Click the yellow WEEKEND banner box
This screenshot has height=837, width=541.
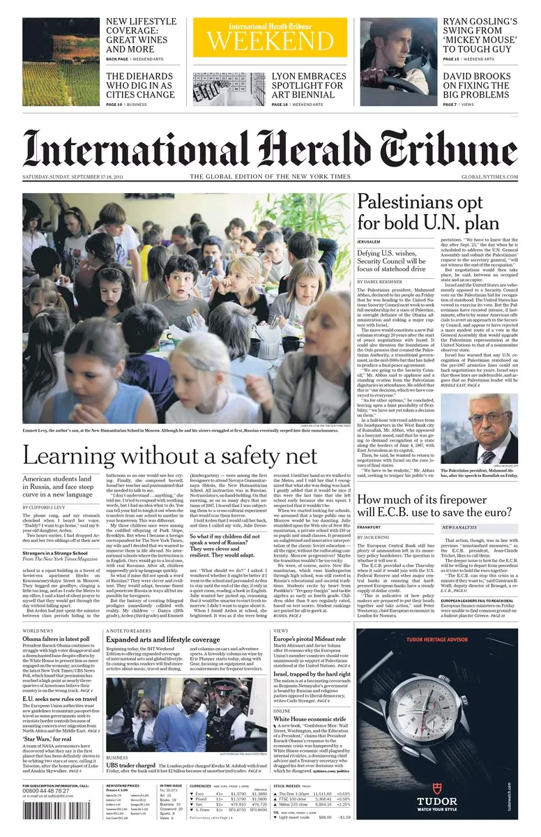[x=270, y=37]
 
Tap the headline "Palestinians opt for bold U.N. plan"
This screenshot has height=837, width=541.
[x=428, y=211]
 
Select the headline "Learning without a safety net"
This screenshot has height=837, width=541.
[x=170, y=456]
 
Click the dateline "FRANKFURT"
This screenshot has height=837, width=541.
[x=369, y=527]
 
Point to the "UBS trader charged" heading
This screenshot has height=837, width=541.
[x=131, y=766]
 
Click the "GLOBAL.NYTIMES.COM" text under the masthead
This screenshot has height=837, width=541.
[x=489, y=176]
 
